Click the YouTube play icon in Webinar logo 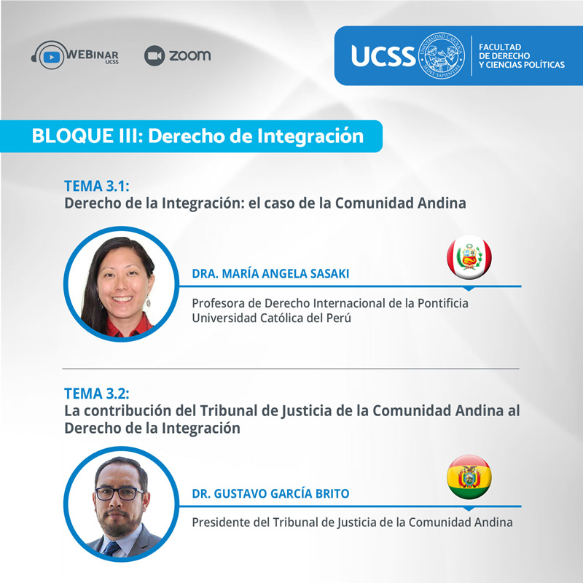pyautogui.click(x=51, y=57)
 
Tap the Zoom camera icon pyautogui.click(x=154, y=56)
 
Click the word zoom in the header pyautogui.click(x=190, y=56)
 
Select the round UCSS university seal pyautogui.click(x=442, y=55)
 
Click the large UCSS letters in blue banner pyautogui.click(x=383, y=56)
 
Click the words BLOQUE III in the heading pyautogui.click(x=85, y=136)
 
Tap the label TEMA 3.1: pyautogui.click(x=97, y=186)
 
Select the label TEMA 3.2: pyautogui.click(x=97, y=394)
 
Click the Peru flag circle pyautogui.click(x=469, y=257)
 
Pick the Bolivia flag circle pyautogui.click(x=469, y=477)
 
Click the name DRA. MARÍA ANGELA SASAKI pyautogui.click(x=270, y=273)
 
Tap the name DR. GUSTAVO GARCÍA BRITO pyautogui.click(x=270, y=493)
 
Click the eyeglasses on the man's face pyautogui.click(x=119, y=493)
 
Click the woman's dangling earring pyautogui.click(x=149, y=301)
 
